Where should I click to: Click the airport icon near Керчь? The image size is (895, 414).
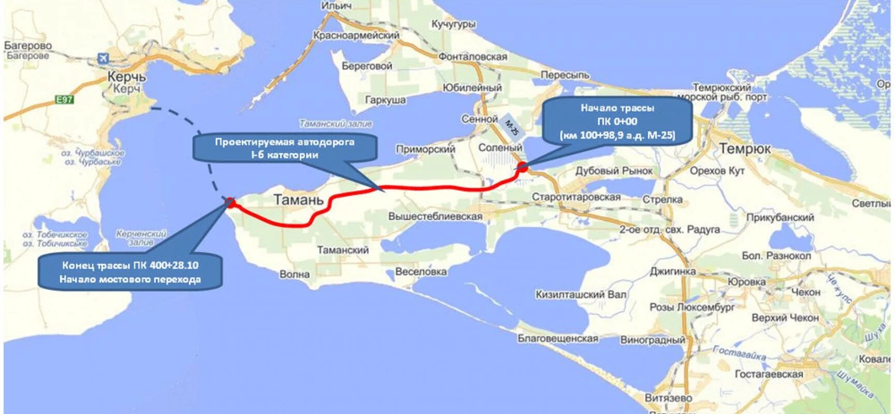104,58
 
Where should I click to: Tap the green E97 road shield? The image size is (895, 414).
65,99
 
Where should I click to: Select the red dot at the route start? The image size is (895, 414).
522,167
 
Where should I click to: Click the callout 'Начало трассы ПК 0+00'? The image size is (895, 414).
617,122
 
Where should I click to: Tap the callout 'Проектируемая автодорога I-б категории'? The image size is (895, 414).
284,148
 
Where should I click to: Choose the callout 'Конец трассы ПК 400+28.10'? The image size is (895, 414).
130,272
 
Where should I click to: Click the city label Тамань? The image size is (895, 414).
298,200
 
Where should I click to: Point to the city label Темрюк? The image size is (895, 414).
744,149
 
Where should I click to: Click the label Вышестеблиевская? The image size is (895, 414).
435,216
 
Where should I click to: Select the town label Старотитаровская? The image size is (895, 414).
576,197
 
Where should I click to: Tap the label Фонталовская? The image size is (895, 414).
472,56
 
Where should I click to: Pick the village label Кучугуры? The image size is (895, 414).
453,24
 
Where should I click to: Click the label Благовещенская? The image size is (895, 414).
558,338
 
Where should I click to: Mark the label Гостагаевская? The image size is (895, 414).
769,374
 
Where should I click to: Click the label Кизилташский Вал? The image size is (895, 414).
581,294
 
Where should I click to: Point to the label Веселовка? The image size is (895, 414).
421,272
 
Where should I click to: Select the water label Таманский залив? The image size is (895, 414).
336,124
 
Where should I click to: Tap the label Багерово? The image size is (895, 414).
28,46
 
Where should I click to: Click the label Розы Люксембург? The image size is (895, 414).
692,307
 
